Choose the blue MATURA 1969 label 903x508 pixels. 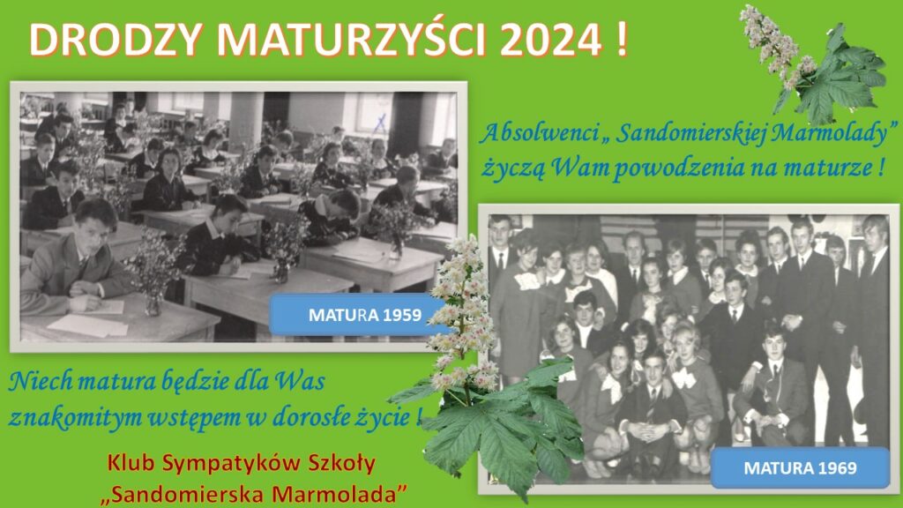click(800, 467)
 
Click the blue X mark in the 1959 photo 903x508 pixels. click(379, 123)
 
